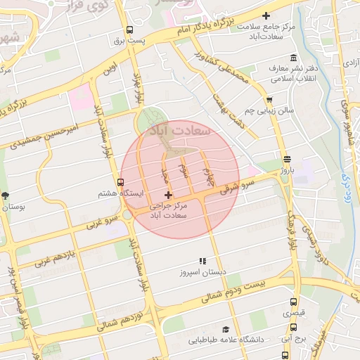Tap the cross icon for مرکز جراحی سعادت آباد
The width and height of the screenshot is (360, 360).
tap(167, 194)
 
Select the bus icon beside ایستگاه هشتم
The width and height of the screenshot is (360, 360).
tap(121, 182)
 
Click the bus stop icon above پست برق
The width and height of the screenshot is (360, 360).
tap(129, 30)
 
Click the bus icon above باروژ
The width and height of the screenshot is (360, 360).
tap(286, 160)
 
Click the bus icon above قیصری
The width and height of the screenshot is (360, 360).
tap(293, 303)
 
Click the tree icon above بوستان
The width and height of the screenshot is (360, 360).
tap(6, 196)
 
